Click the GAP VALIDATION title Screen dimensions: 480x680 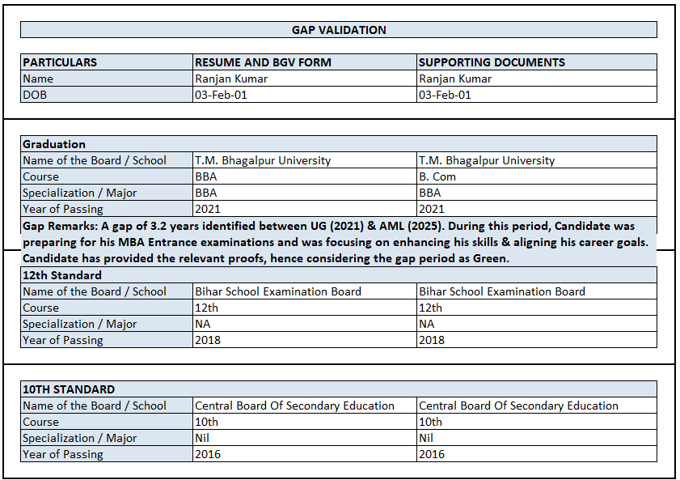tap(339, 30)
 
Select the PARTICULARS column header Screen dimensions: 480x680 tap(60, 62)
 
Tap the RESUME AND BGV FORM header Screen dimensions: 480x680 tap(263, 62)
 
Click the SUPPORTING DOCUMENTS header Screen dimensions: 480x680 tap(492, 62)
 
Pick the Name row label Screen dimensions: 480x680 tap(38, 79)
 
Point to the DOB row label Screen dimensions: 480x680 tap(35, 95)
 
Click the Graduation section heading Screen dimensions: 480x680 tap(54, 144)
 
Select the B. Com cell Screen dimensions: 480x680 tap(437, 176)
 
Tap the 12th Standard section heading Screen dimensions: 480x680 tap(62, 275)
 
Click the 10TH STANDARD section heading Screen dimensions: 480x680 tap(69, 389)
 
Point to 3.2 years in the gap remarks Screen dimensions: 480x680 tap(167, 226)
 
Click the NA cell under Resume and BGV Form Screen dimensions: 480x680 tap(203, 324)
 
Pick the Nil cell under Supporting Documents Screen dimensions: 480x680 tap(425, 438)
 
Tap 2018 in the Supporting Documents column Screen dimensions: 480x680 tap(431, 340)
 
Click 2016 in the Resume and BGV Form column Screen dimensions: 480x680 tap(207, 454)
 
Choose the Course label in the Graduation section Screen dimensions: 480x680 tap(40, 176)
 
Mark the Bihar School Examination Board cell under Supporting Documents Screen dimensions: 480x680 tap(501, 291)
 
